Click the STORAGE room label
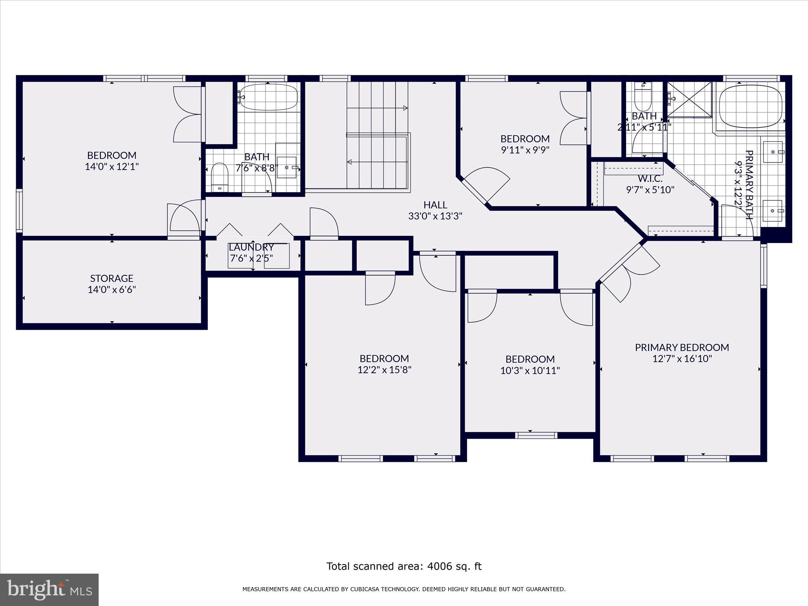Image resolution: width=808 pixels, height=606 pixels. tap(112, 278)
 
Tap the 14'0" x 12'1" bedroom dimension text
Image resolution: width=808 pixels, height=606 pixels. tap(112, 166)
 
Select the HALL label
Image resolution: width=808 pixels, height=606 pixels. tap(435, 205)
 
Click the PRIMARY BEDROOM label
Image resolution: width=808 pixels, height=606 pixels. tap(682, 347)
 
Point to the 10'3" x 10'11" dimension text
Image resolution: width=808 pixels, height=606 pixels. tap(530, 370)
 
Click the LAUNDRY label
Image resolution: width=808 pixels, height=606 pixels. tap(251, 247)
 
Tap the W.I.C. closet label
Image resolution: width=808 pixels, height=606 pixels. tap(650, 179)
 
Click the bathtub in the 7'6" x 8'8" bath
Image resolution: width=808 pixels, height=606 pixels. tap(268, 97)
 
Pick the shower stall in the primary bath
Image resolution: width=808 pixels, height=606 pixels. tap(690, 99)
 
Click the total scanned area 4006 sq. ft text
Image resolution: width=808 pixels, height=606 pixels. tap(404, 566)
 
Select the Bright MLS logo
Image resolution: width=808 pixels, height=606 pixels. tap(49, 589)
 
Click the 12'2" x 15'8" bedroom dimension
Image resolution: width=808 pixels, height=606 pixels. tap(384, 370)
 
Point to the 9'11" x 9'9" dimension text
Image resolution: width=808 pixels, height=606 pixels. tap(525, 150)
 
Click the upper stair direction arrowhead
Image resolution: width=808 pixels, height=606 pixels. tap(405, 108)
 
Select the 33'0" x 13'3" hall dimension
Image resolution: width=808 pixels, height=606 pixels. tap(435, 216)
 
